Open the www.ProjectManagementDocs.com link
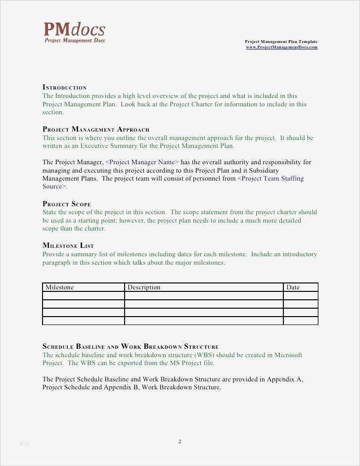click(281, 47)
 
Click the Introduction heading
click(65, 88)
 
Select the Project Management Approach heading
click(96, 130)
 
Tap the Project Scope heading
click(67, 204)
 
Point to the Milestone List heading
click(68, 246)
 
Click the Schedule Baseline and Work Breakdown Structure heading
click(131, 347)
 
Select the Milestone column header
click(59, 287)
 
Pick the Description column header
click(144, 287)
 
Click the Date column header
click(293, 287)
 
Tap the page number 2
click(180, 442)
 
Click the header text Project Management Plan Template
click(281, 42)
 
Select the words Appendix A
click(285, 379)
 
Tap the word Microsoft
click(288, 355)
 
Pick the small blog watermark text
click(24, 444)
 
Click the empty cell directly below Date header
click(300, 296)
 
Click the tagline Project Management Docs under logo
click(75, 41)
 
